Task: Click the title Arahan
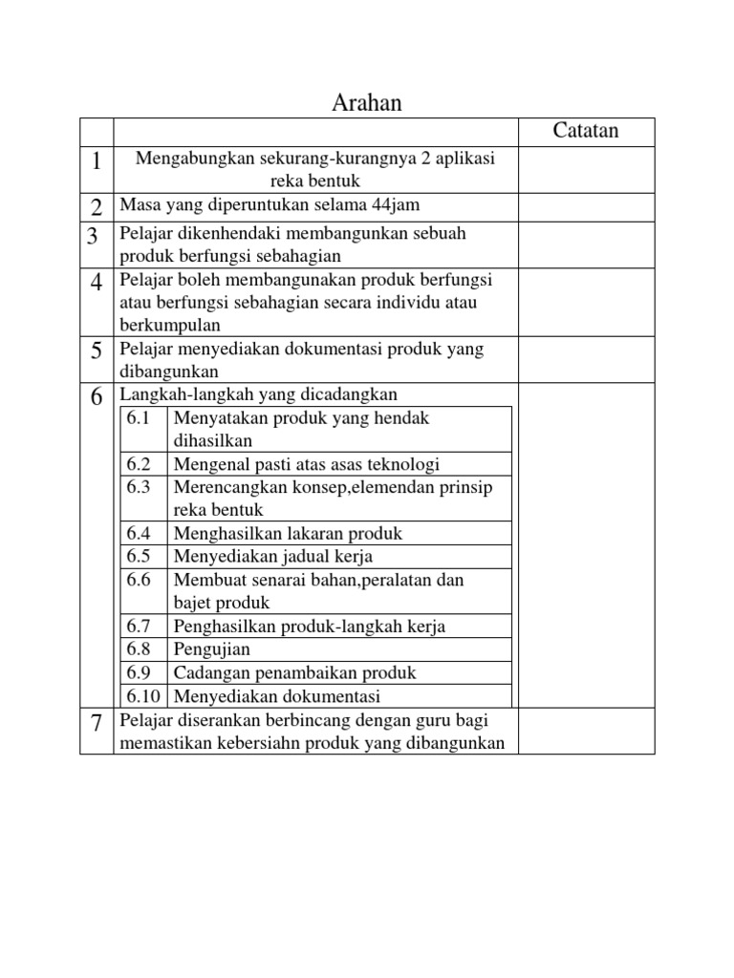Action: pyautogui.click(x=366, y=103)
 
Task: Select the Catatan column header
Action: pyautogui.click(x=586, y=131)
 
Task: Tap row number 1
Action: pyautogui.click(x=97, y=161)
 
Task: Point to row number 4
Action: pyautogui.click(x=97, y=283)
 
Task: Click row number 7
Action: pyautogui.click(x=97, y=723)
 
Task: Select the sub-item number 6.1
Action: pyautogui.click(x=140, y=418)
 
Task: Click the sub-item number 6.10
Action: pyautogui.click(x=143, y=695)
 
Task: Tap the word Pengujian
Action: pyautogui.click(x=212, y=649)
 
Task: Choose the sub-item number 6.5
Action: pyautogui.click(x=140, y=556)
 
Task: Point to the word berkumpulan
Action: pyautogui.click(x=163, y=325)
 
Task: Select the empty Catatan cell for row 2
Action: pyautogui.click(x=586, y=205)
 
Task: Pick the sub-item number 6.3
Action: pyautogui.click(x=140, y=487)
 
